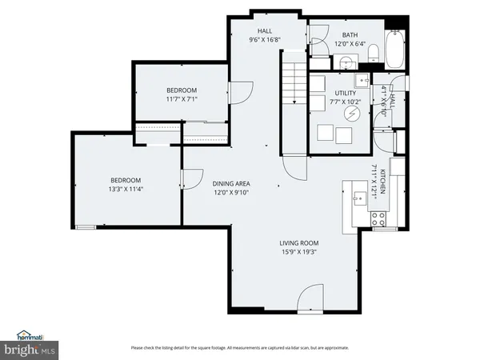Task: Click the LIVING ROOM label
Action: (x=298, y=243)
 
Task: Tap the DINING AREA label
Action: (x=231, y=184)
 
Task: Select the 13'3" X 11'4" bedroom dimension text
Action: (x=126, y=190)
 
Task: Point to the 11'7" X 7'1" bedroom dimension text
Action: (x=182, y=100)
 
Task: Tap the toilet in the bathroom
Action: (x=374, y=53)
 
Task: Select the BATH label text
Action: (x=350, y=35)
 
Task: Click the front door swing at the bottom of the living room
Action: (x=310, y=301)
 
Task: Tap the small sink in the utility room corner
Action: (x=362, y=78)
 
